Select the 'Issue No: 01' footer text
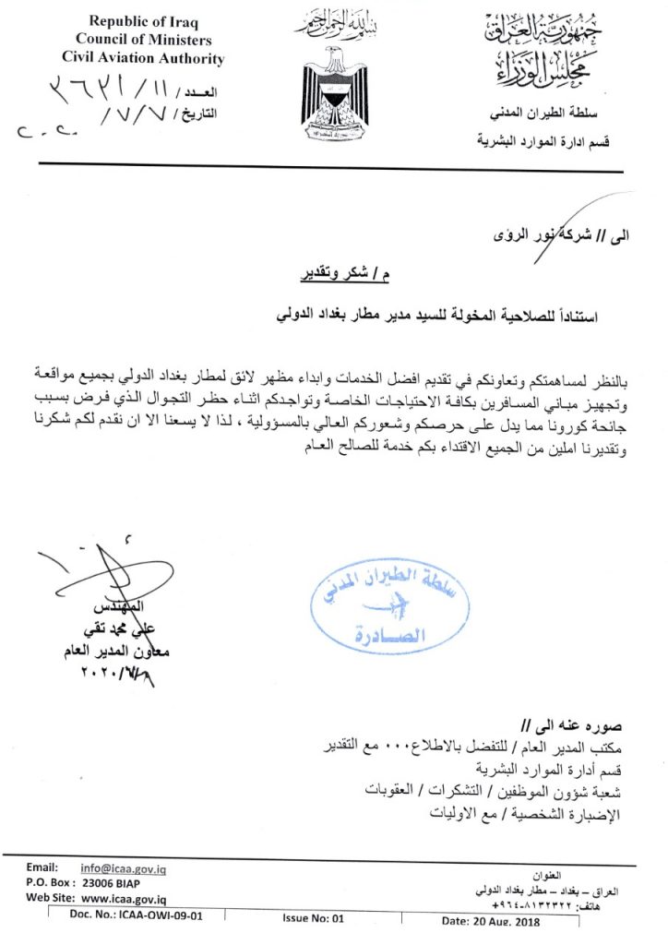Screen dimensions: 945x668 pyautogui.click(x=314, y=918)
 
